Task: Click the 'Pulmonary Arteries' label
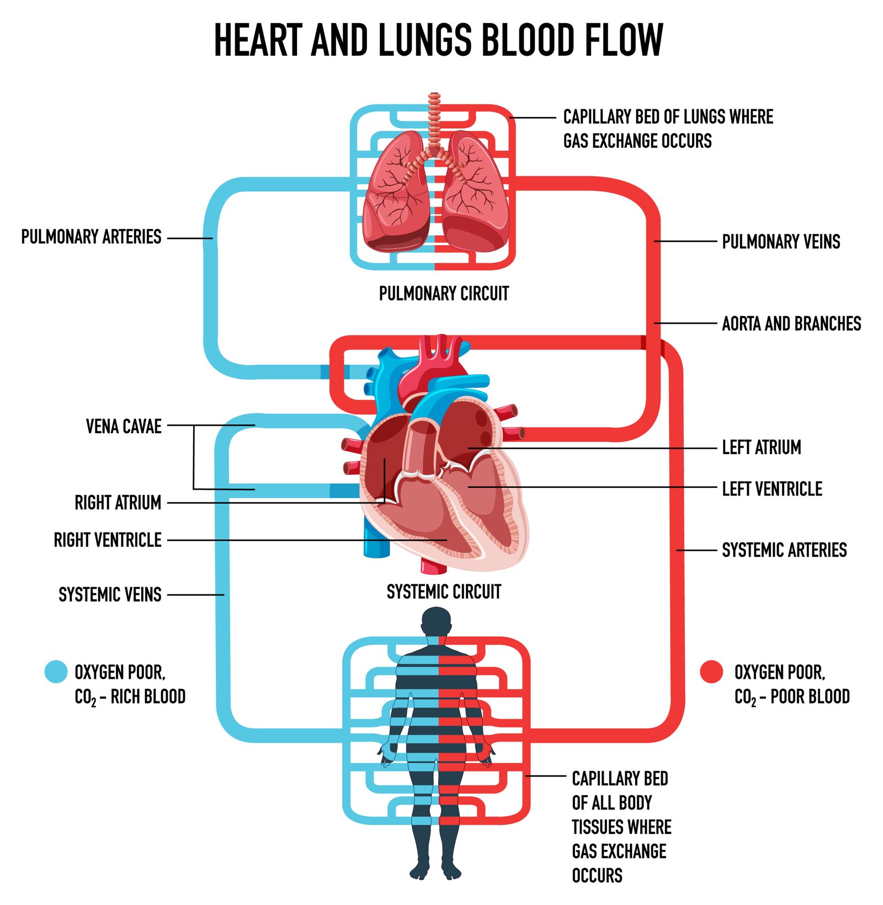pos(91,237)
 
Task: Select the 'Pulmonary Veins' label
pos(781,242)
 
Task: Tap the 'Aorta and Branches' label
pos(791,323)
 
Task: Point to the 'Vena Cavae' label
pos(124,427)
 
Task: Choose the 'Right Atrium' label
pos(118,503)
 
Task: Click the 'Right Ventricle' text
pos(108,540)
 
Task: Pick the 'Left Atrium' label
pos(761,448)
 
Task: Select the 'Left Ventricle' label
pos(772,489)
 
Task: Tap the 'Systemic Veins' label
pos(110,594)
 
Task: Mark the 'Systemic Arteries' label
pos(784,550)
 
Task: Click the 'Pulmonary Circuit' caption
pos(444,294)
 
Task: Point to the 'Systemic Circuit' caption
pos(444,592)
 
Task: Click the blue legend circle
pos(56,672)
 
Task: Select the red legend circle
pos(711,672)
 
